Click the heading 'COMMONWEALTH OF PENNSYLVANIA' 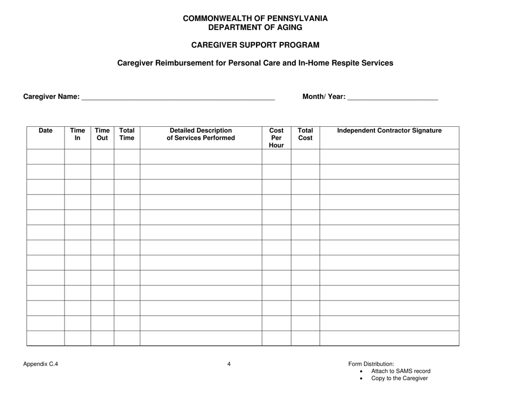click(x=255, y=18)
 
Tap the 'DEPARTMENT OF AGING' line click(x=255, y=27)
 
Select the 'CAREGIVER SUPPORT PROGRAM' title click(x=255, y=45)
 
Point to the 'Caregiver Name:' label click(x=51, y=97)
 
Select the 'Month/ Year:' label click(x=324, y=97)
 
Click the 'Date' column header click(x=46, y=130)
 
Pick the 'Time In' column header click(x=77, y=134)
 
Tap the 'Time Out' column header click(x=102, y=134)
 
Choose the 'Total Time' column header click(x=127, y=134)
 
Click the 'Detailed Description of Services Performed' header click(x=201, y=134)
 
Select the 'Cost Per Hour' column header click(x=276, y=138)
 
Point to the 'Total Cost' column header click(x=305, y=134)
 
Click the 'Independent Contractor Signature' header click(x=389, y=130)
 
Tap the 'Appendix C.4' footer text click(x=41, y=364)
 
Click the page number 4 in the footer click(x=229, y=364)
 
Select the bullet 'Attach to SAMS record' click(x=401, y=371)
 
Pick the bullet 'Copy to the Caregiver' click(x=400, y=378)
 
